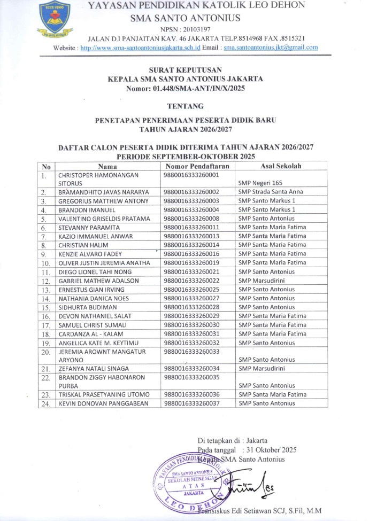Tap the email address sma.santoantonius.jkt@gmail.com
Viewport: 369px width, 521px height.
tap(271, 47)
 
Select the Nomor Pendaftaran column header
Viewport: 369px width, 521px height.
tap(197, 166)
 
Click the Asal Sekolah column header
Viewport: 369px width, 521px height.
tap(278, 166)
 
